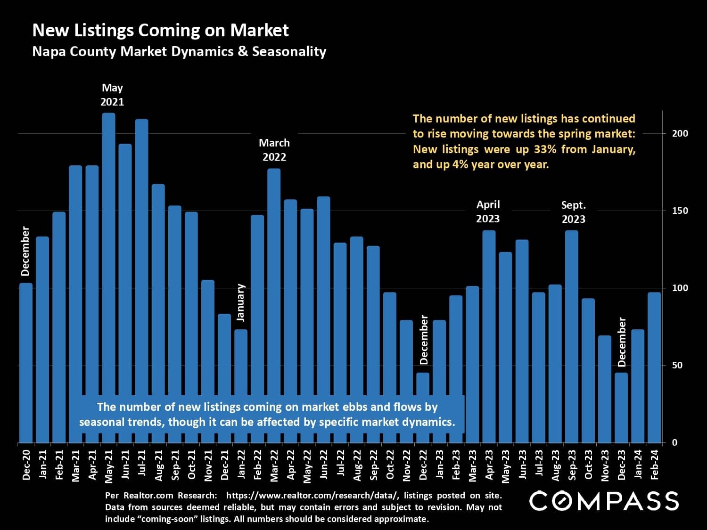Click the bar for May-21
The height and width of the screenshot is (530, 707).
point(109,278)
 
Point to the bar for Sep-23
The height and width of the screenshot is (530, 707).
point(572,336)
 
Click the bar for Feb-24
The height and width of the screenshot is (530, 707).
point(654,367)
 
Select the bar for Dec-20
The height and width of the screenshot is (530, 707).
point(26,363)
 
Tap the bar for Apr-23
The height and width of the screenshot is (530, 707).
point(489,336)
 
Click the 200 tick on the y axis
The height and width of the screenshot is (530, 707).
point(680,133)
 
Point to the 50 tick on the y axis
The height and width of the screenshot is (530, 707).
point(677,365)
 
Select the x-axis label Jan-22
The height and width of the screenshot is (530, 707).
point(241,465)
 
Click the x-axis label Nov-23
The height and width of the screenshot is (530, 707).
point(605,465)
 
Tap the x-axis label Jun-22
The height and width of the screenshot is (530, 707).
point(324,465)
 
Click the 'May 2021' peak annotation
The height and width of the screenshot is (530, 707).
point(112,95)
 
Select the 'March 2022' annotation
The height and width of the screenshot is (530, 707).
point(274,150)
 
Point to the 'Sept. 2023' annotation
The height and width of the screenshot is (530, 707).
point(573,212)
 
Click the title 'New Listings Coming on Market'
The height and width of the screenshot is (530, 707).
point(160,30)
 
